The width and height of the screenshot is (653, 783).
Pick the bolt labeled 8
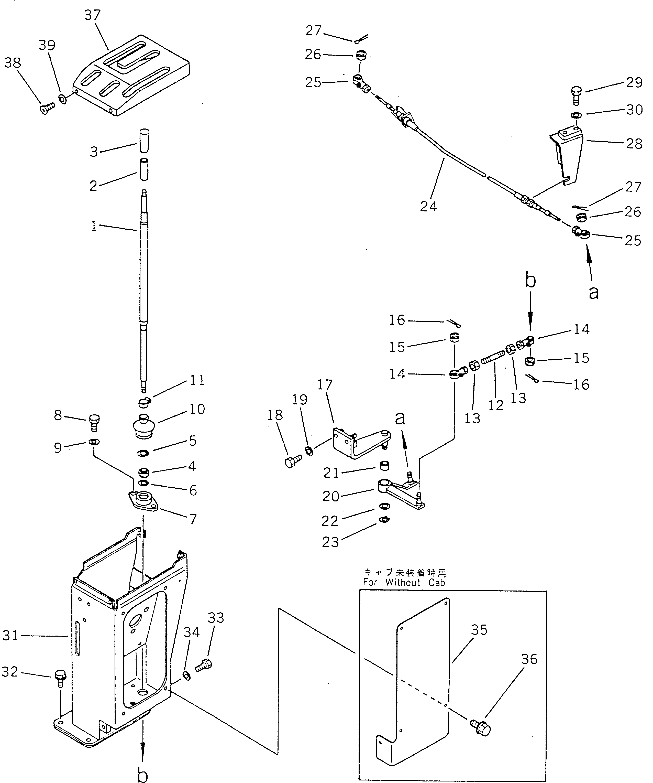94,422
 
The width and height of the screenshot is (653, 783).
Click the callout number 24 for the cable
428,206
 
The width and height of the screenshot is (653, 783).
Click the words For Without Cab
404,582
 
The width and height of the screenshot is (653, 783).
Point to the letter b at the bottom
142,774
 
